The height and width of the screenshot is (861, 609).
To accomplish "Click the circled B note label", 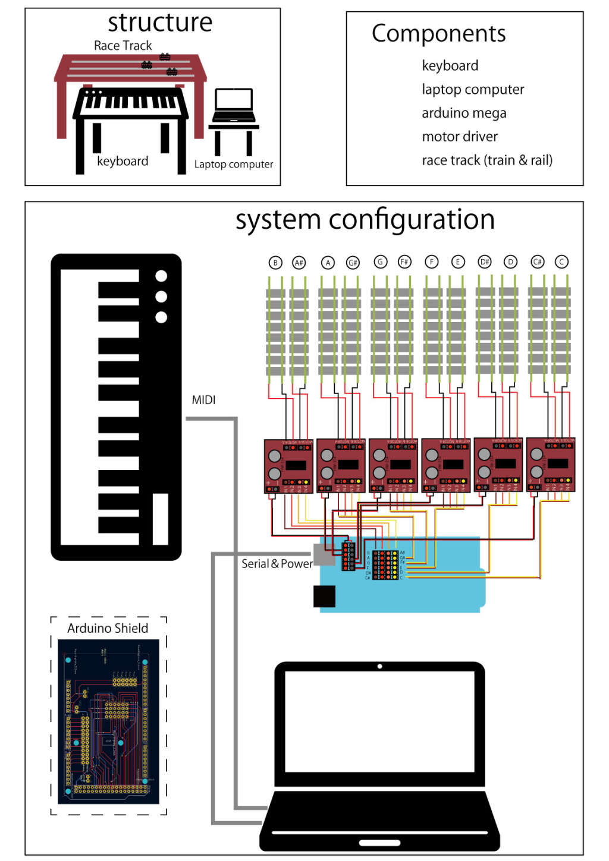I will click(275, 263).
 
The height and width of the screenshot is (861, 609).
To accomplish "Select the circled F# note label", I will click(404, 262).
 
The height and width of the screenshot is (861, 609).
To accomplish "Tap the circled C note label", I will click(561, 261).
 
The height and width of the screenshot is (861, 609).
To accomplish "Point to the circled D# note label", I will click(485, 262).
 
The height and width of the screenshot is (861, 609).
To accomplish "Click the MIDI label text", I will click(203, 400).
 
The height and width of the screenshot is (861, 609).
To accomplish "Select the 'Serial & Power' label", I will click(277, 563).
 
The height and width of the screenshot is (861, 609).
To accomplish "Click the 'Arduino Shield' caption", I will click(108, 628).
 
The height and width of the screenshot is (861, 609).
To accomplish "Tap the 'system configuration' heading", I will click(365, 220).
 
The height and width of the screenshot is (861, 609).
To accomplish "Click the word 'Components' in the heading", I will click(438, 34).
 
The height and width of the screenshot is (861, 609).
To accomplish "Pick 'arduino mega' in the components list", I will click(464, 113).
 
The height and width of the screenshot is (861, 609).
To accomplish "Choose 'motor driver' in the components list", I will click(460, 137).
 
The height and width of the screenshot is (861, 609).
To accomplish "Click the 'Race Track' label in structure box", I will click(123, 46).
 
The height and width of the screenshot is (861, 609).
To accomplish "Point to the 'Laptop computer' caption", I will click(234, 164).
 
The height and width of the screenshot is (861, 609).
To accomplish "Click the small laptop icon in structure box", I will click(234, 106).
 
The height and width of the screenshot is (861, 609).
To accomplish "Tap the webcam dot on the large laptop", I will click(379, 666).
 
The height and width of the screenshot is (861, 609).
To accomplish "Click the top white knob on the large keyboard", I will click(161, 276).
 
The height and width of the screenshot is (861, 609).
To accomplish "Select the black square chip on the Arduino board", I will click(325, 597).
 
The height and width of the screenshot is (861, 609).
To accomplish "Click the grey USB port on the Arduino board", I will click(324, 554).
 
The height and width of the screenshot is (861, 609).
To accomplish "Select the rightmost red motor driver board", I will click(551, 465).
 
